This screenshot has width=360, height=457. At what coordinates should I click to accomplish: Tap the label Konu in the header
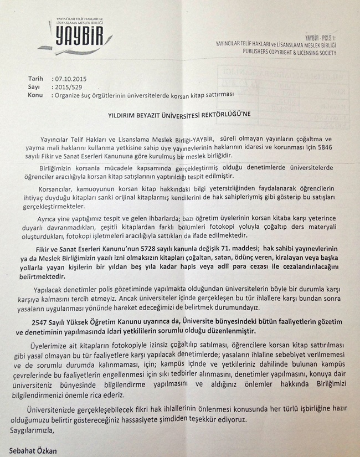tap(35, 95)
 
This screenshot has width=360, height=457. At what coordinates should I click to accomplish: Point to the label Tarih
tap(35, 79)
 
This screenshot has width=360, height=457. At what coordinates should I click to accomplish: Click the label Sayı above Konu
tap(34, 87)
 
